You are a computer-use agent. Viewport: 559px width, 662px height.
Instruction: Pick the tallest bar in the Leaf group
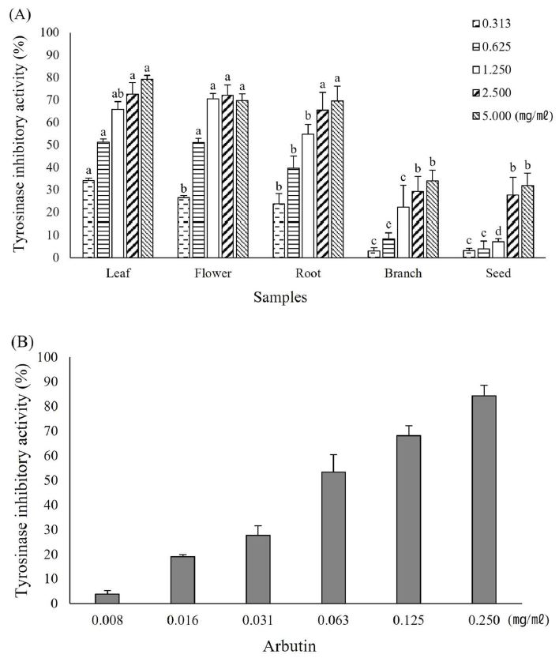[x=147, y=167]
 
